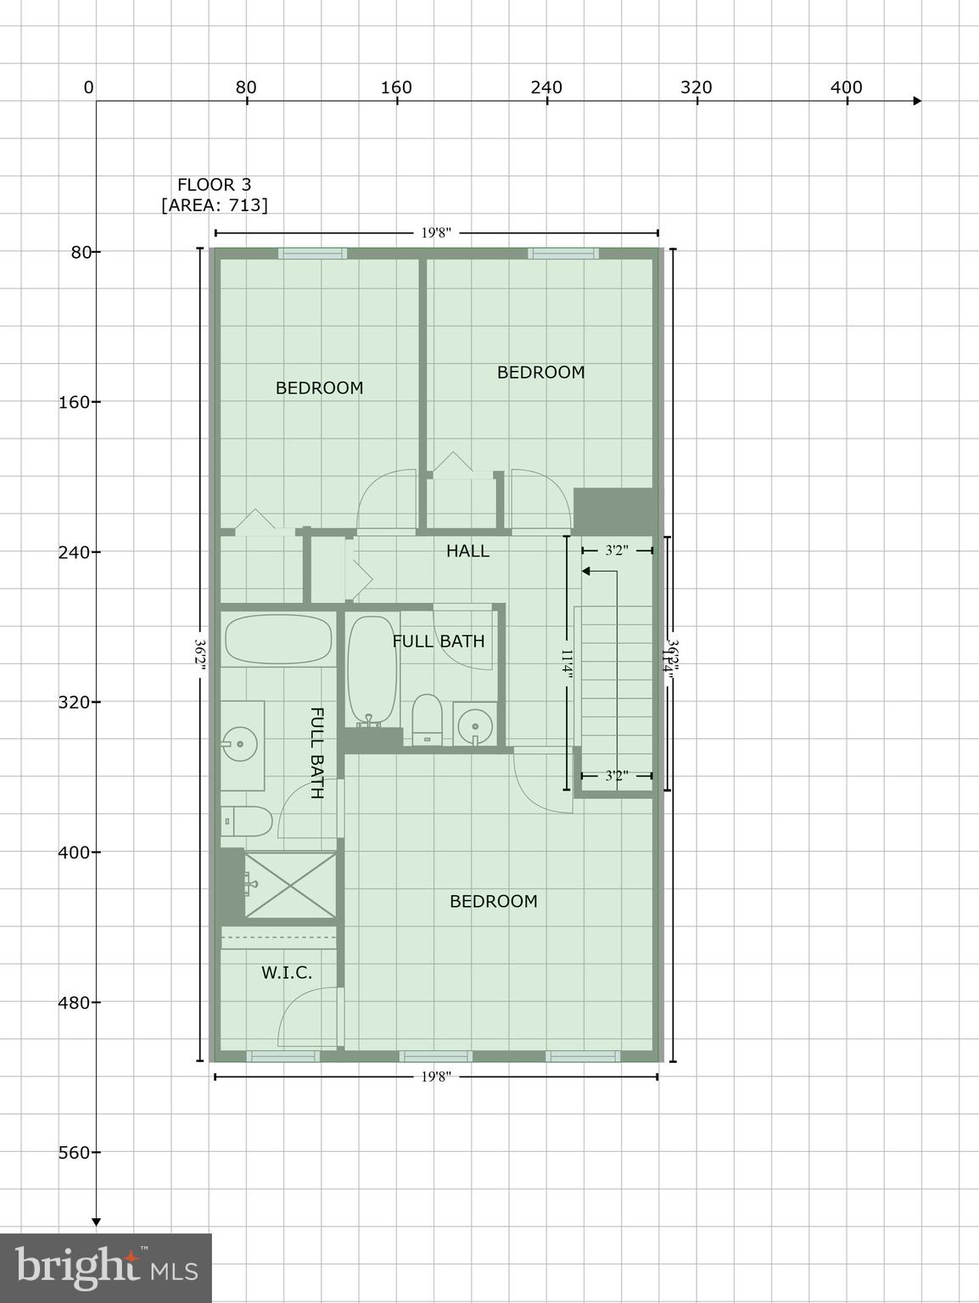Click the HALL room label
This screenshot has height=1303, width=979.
[x=467, y=551]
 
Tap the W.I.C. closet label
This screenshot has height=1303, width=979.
[x=287, y=973]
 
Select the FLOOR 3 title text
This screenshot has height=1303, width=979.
[x=214, y=184]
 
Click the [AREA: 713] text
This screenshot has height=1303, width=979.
[x=214, y=205]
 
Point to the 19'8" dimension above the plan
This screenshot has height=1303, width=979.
[x=436, y=233]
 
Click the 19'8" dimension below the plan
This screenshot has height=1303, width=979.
[x=436, y=1077]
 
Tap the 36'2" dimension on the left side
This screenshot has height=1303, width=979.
[x=200, y=655]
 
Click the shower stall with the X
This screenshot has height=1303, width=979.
[x=290, y=886]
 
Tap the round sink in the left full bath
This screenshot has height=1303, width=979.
[x=241, y=744]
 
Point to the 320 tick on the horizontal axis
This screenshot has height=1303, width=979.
[x=697, y=87]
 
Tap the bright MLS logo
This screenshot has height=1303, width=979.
[x=105, y=1268]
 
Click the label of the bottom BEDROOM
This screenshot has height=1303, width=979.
[x=493, y=902]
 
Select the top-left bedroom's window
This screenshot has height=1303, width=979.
[x=313, y=253]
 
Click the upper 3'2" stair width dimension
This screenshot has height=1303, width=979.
[x=617, y=551]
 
